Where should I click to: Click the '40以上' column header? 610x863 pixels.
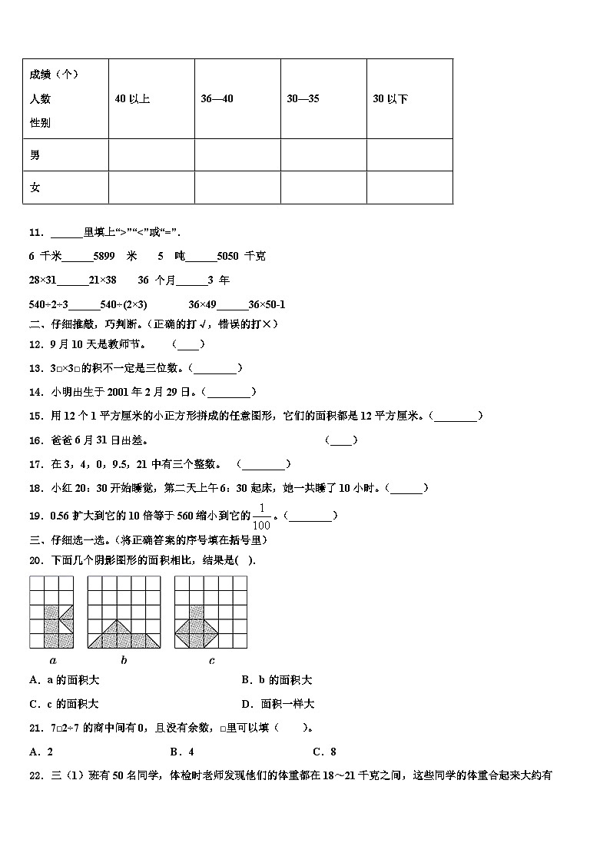click(x=132, y=99)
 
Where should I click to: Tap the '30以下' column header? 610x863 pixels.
click(x=390, y=99)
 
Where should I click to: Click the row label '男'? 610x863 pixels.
click(x=35, y=155)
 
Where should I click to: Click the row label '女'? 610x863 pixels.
click(x=35, y=188)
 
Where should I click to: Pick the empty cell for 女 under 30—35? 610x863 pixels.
click(x=323, y=188)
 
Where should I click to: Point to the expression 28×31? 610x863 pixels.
click(x=43, y=280)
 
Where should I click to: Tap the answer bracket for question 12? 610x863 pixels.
click(x=188, y=345)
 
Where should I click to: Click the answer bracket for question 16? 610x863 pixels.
click(x=341, y=440)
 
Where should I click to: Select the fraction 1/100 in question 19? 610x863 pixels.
click(x=262, y=516)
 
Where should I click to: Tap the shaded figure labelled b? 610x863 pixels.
click(x=124, y=633)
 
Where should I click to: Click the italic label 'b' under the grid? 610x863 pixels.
click(x=124, y=660)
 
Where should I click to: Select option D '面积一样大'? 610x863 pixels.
click(x=277, y=704)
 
